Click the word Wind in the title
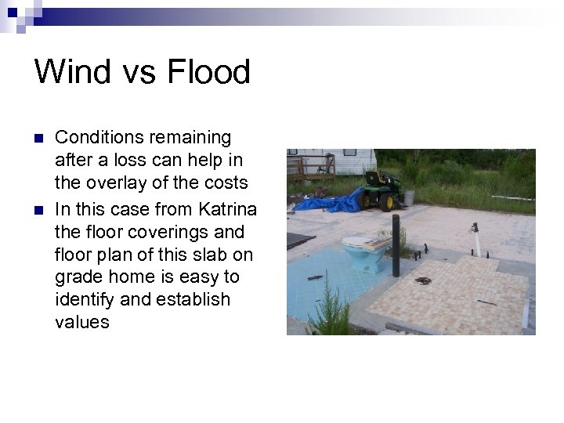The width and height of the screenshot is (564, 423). pyautogui.click(x=69, y=71)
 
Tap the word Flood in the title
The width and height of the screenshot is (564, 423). pyautogui.click(x=208, y=71)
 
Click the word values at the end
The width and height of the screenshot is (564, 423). pyautogui.click(x=82, y=322)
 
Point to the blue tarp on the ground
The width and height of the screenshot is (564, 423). pyautogui.click(x=329, y=202)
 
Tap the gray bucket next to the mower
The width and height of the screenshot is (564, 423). pyautogui.click(x=408, y=199)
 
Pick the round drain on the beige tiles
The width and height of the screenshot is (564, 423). pyautogui.click(x=424, y=280)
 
